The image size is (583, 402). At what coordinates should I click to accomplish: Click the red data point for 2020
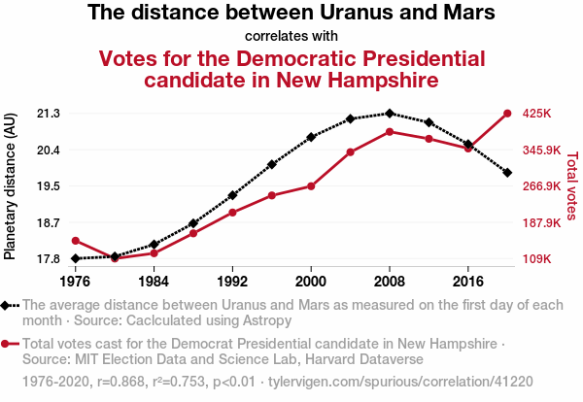click(507, 114)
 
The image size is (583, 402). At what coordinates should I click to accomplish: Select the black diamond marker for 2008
click(390, 114)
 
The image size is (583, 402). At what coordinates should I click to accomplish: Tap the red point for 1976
click(75, 241)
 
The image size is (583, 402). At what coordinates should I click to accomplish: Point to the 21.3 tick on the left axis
click(48, 114)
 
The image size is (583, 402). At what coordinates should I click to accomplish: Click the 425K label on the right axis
click(537, 114)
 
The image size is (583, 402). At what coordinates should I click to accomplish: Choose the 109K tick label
click(537, 259)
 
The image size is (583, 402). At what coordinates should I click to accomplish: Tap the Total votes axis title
click(571, 184)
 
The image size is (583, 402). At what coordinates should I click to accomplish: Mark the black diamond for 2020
click(507, 172)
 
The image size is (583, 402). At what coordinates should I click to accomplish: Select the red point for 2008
click(390, 131)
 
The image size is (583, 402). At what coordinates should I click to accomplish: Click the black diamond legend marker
click(8, 305)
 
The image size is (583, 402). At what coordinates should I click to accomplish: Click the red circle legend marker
click(8, 344)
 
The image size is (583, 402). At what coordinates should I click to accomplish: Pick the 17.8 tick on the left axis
click(48, 259)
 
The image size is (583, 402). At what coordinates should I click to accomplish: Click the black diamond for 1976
click(75, 258)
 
